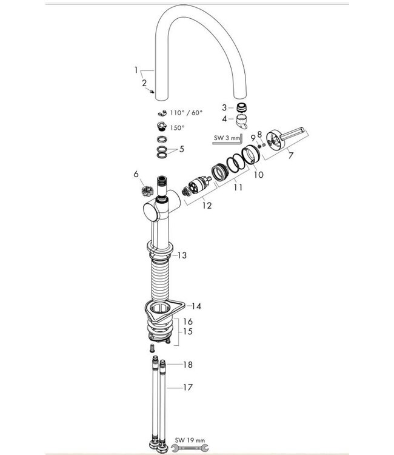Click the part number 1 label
136,70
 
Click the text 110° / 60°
186,113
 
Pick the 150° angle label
177,128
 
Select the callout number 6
137,174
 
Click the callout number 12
208,206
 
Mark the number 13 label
181,256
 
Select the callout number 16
188,321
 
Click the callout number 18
188,365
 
